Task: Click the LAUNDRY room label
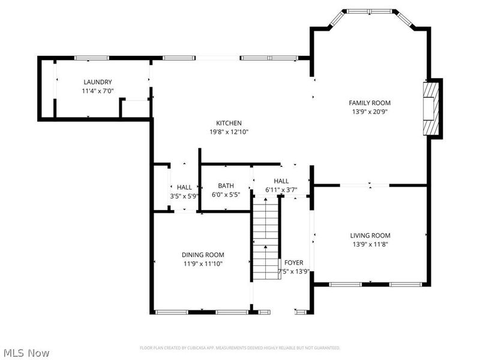point(98,82)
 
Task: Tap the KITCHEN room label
point(229,123)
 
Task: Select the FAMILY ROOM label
point(370,103)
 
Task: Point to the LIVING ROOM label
point(370,236)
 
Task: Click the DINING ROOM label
point(203,254)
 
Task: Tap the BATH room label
point(226,186)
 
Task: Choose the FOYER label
point(293,263)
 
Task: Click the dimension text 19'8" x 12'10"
point(229,132)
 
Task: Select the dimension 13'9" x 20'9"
point(370,112)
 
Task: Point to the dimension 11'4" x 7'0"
point(98,91)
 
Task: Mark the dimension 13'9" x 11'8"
point(370,244)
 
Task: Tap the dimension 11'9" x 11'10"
point(203,263)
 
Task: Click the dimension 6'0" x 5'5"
point(226,195)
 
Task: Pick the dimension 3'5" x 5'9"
point(184,196)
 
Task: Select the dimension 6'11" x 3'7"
point(281,190)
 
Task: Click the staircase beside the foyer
point(265,240)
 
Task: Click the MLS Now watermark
point(26,353)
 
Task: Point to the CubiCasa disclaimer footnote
point(240,348)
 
